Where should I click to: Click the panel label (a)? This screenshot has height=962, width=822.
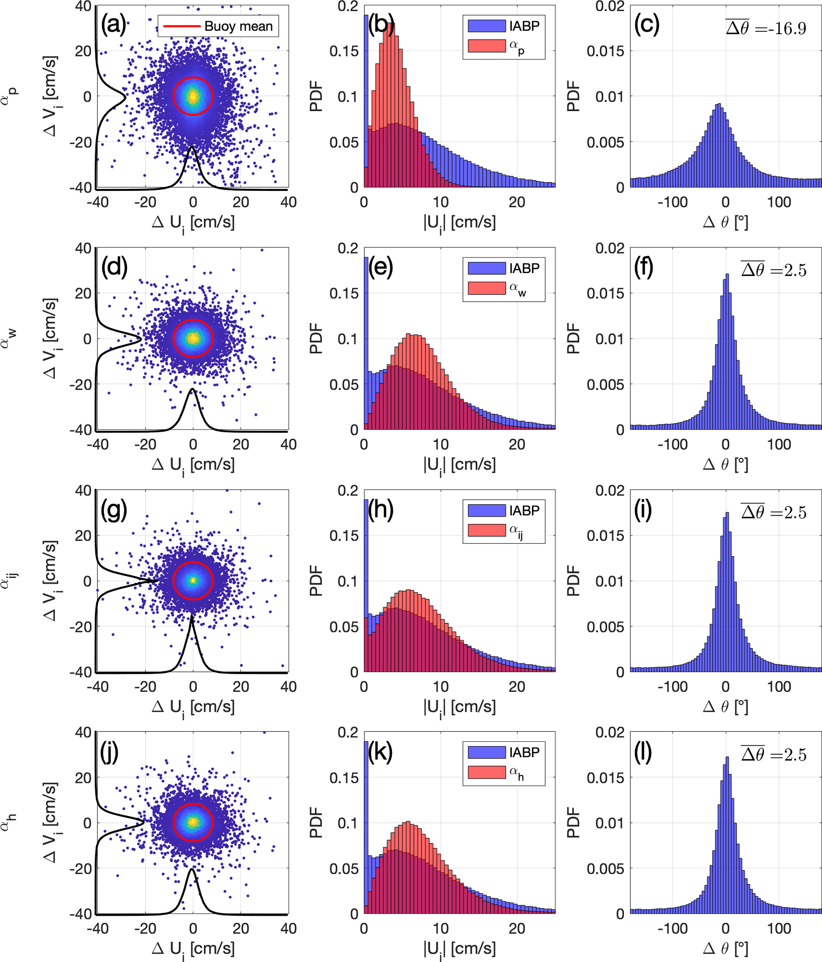click(113, 24)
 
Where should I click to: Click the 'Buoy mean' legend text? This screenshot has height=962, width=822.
click(238, 27)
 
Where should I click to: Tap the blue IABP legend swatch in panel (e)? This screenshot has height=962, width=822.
click(486, 268)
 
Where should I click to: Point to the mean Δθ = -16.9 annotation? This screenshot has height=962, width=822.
click(766, 28)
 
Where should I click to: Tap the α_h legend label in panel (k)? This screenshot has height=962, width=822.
click(517, 773)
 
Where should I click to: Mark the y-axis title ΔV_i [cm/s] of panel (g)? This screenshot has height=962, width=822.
click(51, 581)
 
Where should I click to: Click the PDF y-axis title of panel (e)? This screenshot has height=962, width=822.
click(316, 339)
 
